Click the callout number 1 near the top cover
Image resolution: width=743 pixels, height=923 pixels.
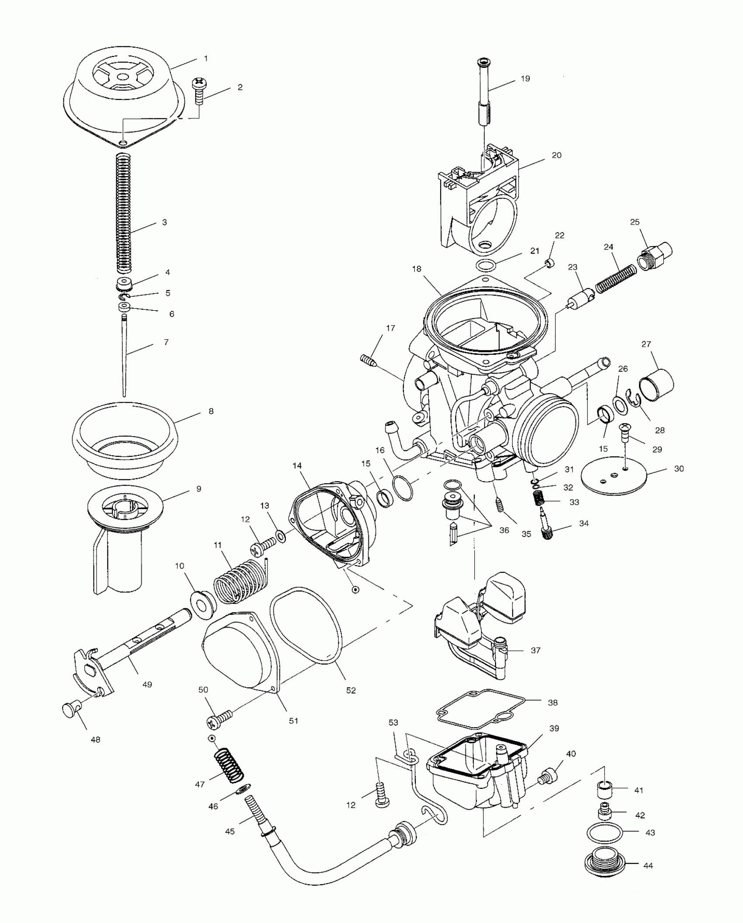coord(206,58)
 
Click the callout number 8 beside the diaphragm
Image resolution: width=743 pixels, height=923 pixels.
coord(211,411)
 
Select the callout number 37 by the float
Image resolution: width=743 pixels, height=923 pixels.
coord(536,663)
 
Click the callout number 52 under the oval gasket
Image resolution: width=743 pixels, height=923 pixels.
coord(351,691)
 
